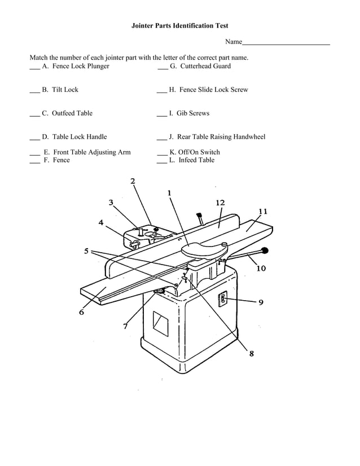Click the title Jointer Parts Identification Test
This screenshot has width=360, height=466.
point(179,26)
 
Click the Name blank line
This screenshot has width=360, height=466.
point(286,43)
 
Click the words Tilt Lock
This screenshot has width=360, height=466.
point(65,90)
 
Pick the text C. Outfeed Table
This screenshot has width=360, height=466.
point(67,113)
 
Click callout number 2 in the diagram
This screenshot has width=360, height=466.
point(133,181)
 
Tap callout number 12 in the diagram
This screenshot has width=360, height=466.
point(220,203)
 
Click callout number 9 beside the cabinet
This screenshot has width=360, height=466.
point(261,302)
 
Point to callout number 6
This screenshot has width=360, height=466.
point(82,313)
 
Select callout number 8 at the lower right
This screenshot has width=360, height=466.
point(251,354)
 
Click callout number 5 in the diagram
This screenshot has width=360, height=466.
point(86,251)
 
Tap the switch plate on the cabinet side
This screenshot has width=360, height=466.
point(223,298)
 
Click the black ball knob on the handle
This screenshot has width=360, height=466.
point(265,250)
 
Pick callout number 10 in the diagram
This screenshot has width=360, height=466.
point(261,269)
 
